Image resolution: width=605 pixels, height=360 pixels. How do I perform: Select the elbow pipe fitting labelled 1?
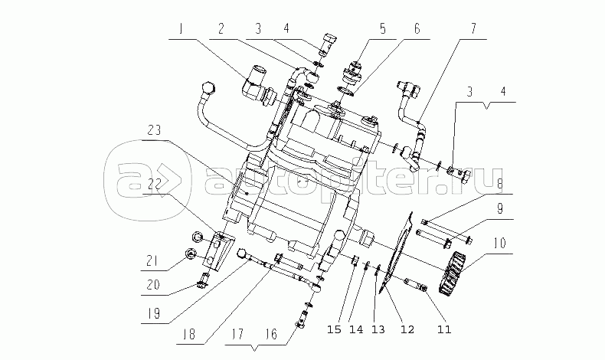[259, 87]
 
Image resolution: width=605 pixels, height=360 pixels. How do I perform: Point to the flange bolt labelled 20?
[204, 280]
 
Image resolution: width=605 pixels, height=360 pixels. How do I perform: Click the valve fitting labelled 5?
[352, 71]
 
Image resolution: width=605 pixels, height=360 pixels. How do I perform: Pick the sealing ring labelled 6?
[347, 91]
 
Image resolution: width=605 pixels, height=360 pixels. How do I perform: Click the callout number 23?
[154, 130]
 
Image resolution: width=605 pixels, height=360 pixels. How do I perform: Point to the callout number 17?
[238, 333]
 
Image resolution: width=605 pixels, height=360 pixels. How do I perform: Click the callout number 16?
[271, 334]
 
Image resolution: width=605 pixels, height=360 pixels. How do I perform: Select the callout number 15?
[334, 329]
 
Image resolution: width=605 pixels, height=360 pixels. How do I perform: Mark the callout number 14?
[356, 329]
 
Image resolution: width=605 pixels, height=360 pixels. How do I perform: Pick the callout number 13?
[378, 329]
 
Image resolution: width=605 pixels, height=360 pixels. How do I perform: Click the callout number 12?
[407, 329]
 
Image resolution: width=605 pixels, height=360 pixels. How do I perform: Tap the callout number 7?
[473, 28]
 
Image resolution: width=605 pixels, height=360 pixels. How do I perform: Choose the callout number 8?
[500, 184]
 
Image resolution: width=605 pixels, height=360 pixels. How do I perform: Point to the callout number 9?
[500, 209]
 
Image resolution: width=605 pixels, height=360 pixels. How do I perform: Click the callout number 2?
[221, 28]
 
